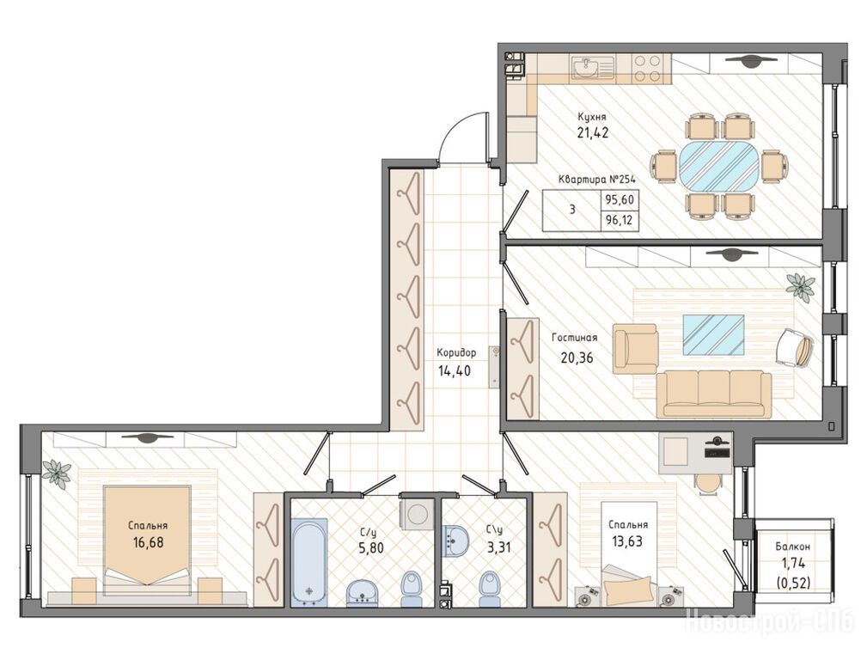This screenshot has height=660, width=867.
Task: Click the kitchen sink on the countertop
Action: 593,68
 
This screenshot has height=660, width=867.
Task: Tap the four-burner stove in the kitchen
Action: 647,69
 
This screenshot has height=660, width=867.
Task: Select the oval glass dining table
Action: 719,166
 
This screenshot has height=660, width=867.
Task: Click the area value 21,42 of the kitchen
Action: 593,133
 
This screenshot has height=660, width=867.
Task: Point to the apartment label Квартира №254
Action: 596,180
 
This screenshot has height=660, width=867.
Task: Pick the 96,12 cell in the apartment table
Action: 620,222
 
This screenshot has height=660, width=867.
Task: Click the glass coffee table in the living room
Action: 713,334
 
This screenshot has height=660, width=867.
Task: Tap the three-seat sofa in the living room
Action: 714,394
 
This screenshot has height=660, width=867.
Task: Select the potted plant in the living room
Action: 801,286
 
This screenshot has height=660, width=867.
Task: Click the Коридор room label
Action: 456,352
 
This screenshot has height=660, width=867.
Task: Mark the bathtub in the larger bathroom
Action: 309,559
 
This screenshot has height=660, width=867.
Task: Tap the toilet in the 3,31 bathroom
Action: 488,588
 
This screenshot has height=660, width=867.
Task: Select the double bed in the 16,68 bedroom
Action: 148,540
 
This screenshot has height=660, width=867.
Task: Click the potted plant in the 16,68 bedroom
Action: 57,473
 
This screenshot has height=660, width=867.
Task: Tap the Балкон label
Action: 792,547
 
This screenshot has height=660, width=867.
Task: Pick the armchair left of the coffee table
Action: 635,348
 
